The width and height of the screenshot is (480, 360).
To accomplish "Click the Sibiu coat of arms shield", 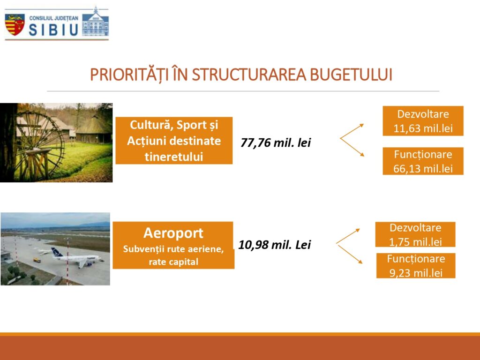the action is pyautogui.click(x=15, y=24).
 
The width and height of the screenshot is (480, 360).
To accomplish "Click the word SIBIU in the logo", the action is pyautogui.click(x=53, y=30).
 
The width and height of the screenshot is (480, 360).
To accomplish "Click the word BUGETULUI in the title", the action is pyautogui.click(x=351, y=75).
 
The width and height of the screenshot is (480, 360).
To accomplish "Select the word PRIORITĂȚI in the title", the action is pyautogui.click(x=129, y=75).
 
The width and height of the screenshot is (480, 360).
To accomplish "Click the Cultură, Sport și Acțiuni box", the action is pyautogui.click(x=174, y=141).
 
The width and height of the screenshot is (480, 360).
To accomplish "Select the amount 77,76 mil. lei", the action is pyautogui.click(x=276, y=142).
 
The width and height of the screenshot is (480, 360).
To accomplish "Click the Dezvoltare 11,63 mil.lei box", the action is pyautogui.click(x=423, y=121).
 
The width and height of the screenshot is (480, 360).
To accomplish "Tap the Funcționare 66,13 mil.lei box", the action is pyautogui.click(x=423, y=161).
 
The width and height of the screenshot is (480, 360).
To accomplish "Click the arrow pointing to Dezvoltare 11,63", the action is pyautogui.click(x=352, y=131).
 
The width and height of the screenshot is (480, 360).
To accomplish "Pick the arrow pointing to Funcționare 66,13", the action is pyautogui.click(x=352, y=147).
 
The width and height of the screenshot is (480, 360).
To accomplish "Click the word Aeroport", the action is pyautogui.click(x=173, y=233).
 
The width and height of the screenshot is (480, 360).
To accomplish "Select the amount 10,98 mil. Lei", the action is pyautogui.click(x=275, y=245).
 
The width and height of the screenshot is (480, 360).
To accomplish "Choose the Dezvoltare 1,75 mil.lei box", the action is pyautogui.click(x=415, y=234).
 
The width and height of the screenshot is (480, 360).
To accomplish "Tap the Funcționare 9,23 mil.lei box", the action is pyautogui.click(x=416, y=266).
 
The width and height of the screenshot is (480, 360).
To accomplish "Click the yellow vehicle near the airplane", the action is pyautogui.click(x=37, y=260).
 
